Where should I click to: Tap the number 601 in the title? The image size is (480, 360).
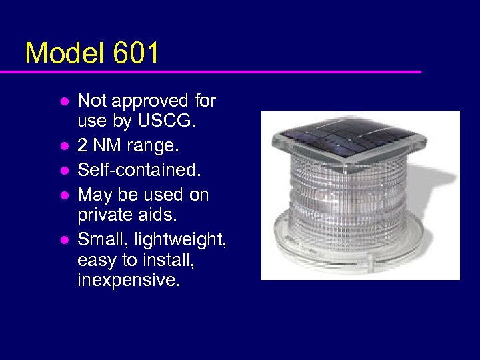(x=136, y=53)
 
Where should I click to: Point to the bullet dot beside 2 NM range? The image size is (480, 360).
(x=65, y=145)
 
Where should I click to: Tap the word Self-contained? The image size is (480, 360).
(x=139, y=169)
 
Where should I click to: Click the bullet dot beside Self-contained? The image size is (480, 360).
(x=65, y=170)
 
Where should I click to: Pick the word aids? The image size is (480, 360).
(x=160, y=215)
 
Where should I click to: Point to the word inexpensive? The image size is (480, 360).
(x=128, y=280)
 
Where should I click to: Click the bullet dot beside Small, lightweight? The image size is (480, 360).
(x=65, y=239)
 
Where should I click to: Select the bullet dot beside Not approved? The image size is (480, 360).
(x=65, y=101)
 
